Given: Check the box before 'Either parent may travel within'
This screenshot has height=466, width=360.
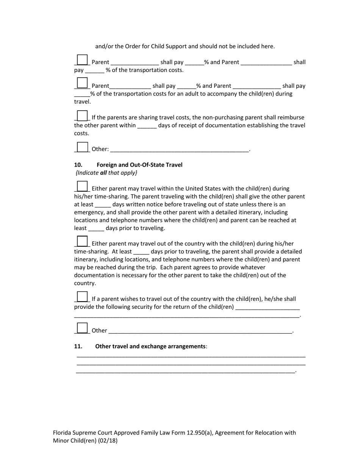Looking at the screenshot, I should point(82,186).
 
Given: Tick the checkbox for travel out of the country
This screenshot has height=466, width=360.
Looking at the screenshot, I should point(82,241).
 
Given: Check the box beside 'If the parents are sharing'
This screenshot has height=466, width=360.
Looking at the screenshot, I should point(82,115).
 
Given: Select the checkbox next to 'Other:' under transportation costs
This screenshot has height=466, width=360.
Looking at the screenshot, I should point(82,147).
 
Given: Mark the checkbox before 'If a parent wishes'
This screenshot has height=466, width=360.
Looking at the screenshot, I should point(82,297).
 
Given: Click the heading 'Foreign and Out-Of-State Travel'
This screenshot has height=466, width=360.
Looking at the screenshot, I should point(139,165).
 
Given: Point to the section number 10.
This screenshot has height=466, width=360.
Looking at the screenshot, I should point(78,165).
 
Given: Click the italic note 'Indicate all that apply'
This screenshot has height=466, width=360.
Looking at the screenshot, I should point(106,173).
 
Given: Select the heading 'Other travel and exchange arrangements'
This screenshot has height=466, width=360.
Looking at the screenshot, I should point(150,346).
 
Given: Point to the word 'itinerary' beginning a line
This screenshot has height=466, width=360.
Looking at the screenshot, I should point(86,260).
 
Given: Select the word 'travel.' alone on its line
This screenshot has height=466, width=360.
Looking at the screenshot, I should point(82,102).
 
